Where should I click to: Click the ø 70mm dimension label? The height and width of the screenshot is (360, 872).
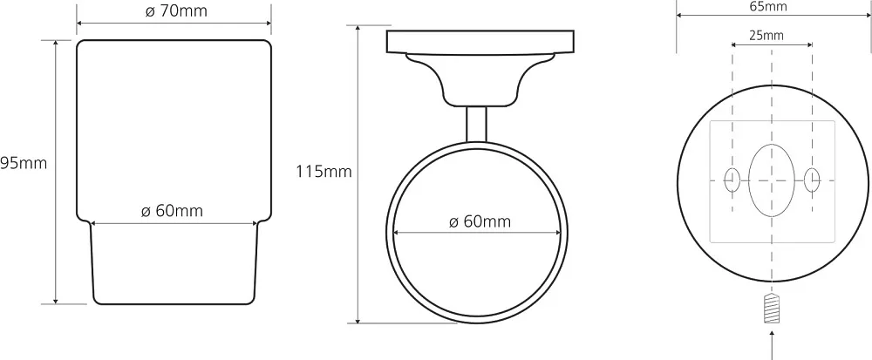click(x=176, y=11)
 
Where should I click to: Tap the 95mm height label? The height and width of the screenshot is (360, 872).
click(x=24, y=163)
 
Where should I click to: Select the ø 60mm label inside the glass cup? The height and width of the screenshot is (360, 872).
click(x=172, y=211)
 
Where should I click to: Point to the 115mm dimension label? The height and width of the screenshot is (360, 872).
click(x=324, y=172)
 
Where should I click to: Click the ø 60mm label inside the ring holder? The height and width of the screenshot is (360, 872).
click(x=480, y=221)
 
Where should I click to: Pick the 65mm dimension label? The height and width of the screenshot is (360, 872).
click(x=768, y=7)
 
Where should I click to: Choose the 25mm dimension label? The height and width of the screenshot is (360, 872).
click(x=766, y=36)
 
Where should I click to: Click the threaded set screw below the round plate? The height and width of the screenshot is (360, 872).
click(x=772, y=309)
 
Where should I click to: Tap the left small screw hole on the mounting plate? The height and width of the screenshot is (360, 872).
click(x=732, y=180)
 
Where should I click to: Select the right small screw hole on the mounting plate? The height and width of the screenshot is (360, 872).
click(x=812, y=180)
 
